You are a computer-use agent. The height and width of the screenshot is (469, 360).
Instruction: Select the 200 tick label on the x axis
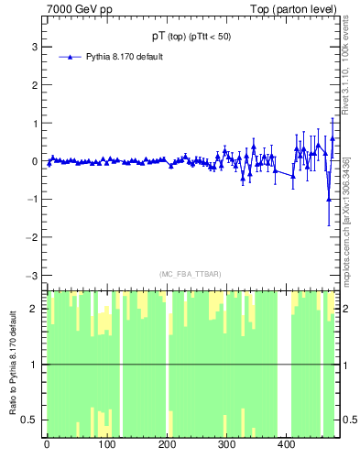tap(167, 446)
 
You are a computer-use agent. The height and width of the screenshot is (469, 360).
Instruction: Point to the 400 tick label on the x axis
tap(286, 446)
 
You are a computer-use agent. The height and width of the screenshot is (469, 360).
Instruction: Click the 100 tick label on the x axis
tap(106, 446)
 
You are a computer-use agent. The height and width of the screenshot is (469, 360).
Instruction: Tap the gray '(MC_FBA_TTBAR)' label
tap(191, 275)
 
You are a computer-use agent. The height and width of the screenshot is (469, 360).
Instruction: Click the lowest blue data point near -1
tap(329, 199)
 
